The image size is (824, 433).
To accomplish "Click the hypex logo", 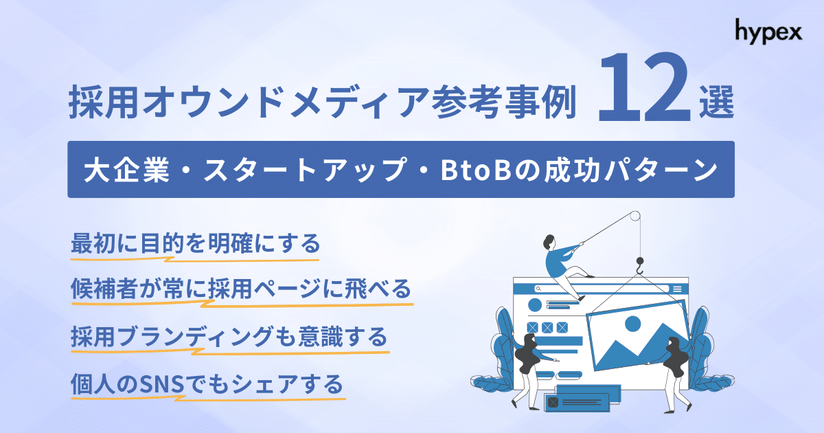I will coord(768,31).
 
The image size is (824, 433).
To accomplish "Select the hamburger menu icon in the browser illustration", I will coord(677,289).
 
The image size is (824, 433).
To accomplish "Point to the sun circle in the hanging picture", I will coord(632,323).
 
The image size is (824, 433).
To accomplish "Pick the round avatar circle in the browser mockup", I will coord(535,305).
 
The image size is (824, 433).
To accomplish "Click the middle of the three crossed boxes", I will coord(547,326).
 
